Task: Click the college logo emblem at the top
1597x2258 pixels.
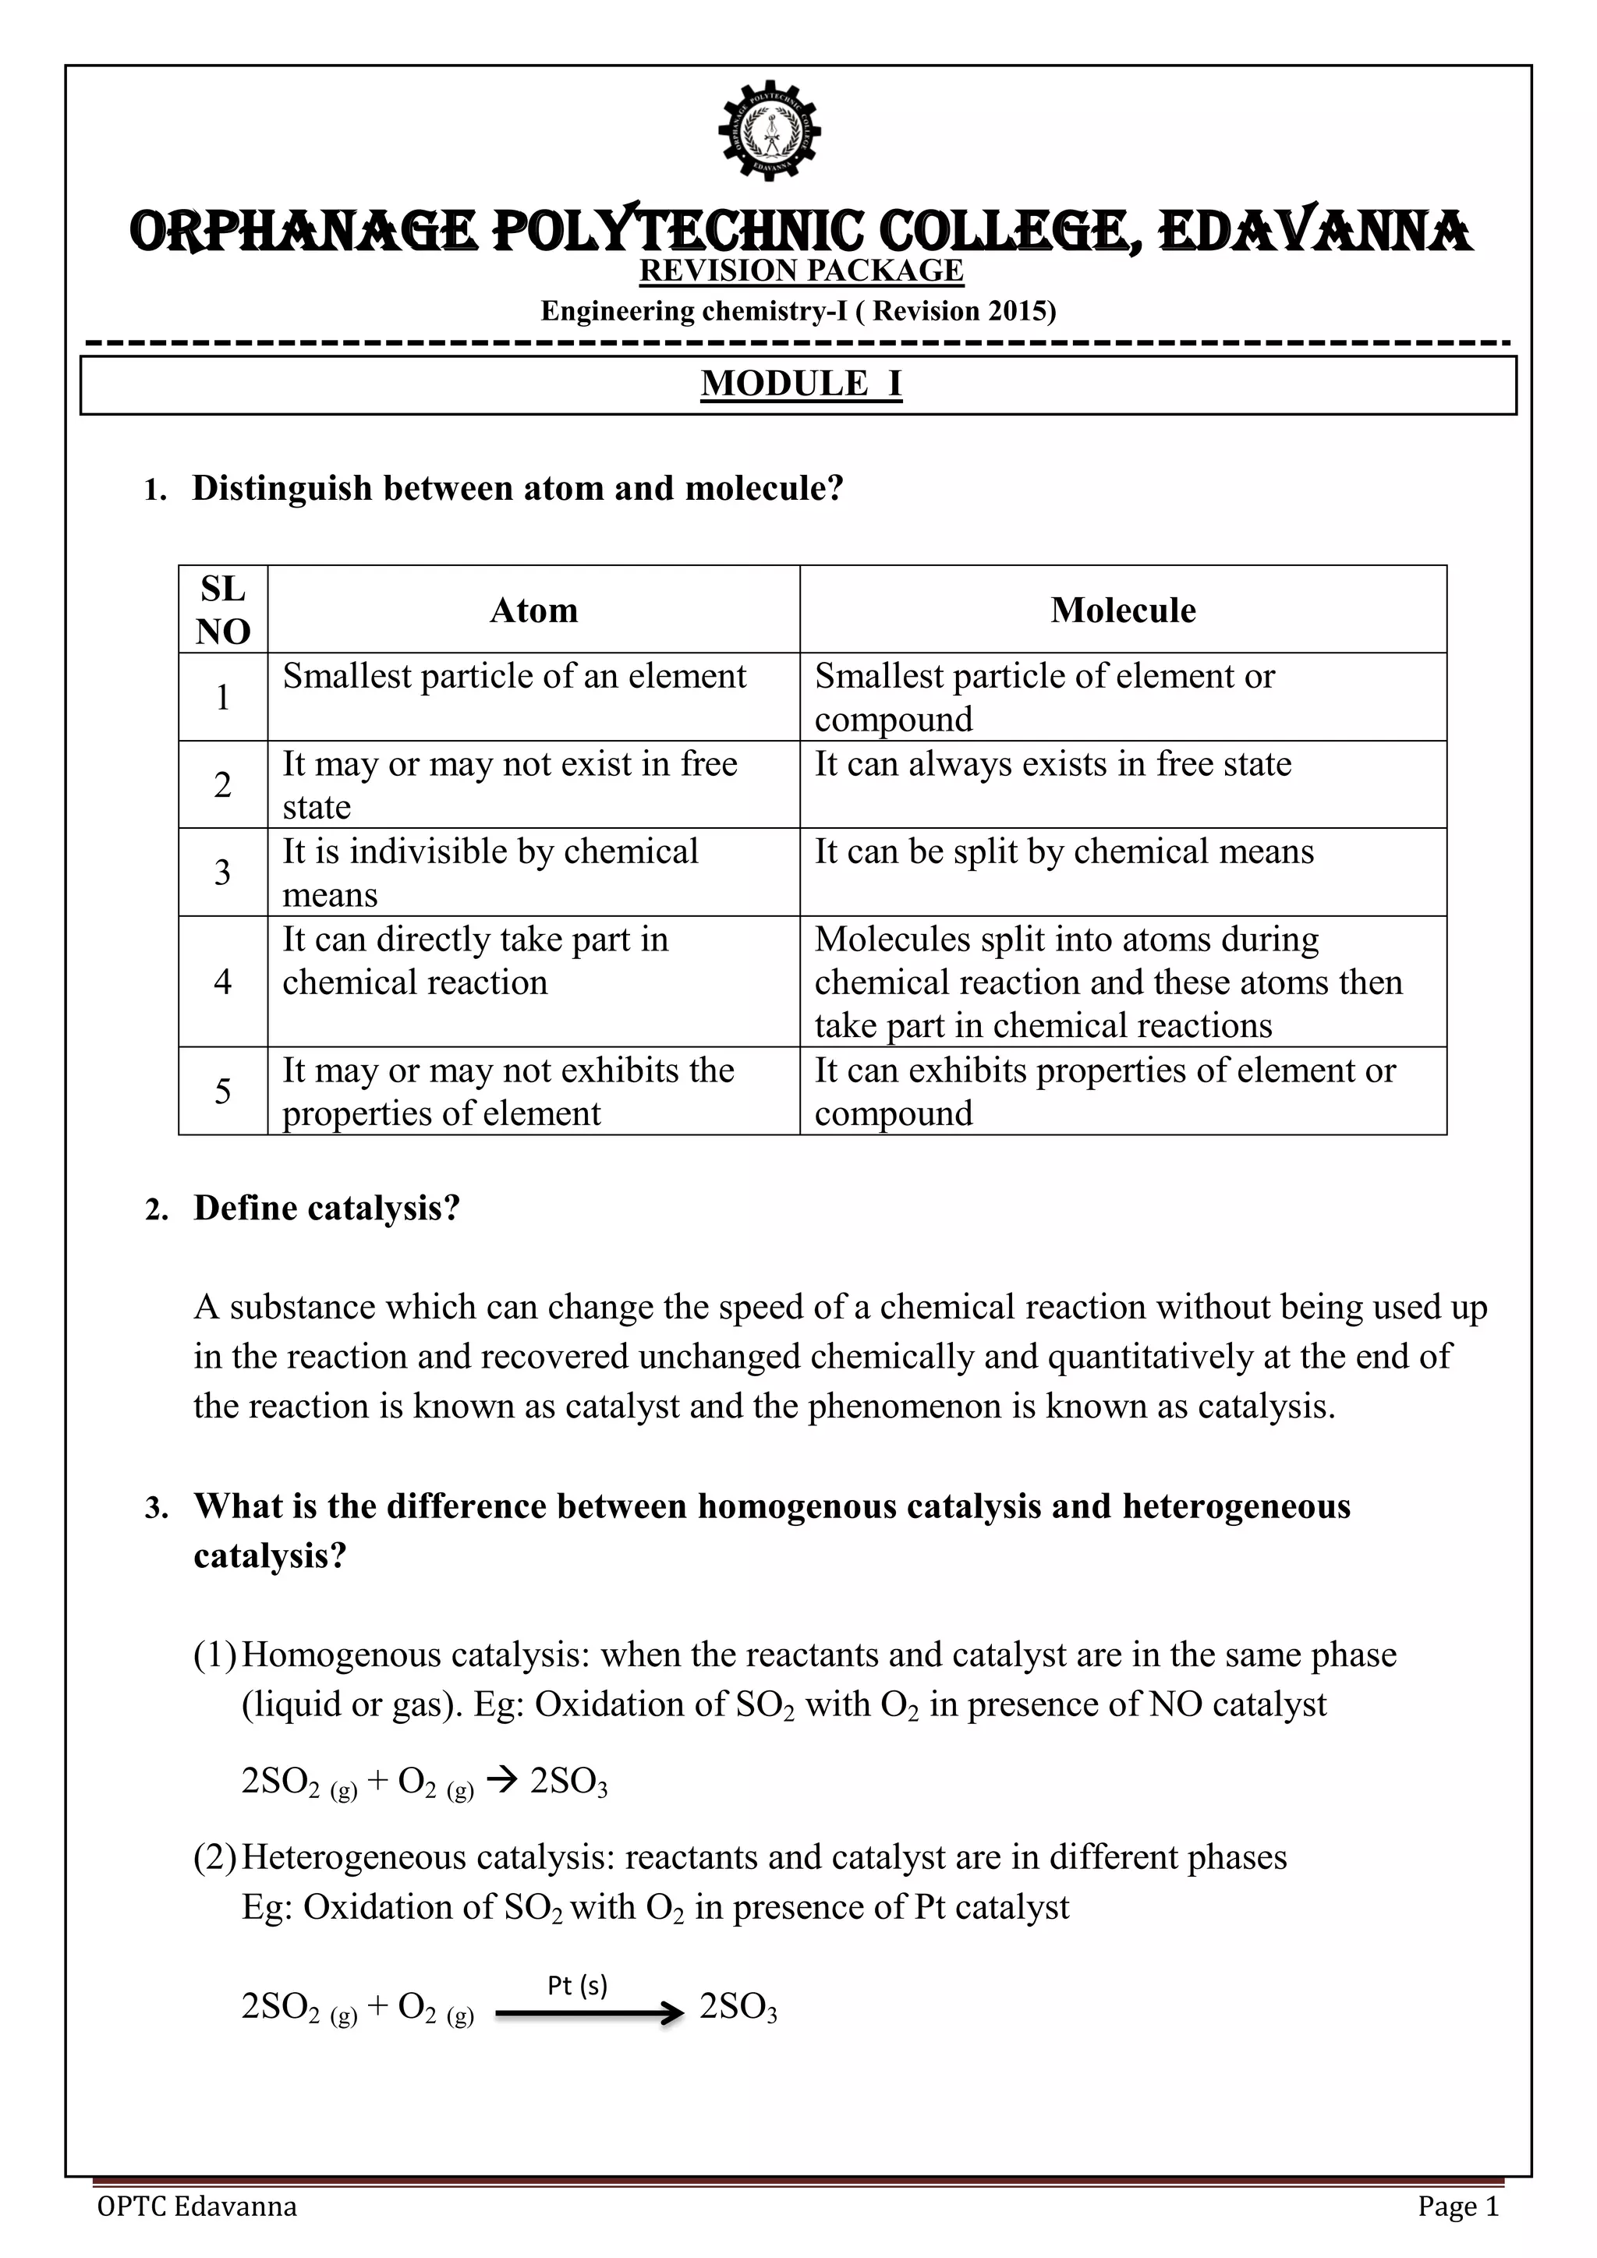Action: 770,129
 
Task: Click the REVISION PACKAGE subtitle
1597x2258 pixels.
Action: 801,271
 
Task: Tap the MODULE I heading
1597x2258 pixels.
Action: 801,384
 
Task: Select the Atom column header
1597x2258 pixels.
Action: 533,611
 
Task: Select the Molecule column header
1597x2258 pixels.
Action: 1122,611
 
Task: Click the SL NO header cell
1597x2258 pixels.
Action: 222,610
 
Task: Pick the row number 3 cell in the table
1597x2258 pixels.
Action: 222,872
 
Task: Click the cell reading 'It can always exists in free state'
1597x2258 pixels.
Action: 1052,764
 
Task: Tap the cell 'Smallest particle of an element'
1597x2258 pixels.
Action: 515,677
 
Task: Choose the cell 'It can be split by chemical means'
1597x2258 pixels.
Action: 1063,851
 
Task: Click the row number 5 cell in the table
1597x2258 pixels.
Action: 222,1091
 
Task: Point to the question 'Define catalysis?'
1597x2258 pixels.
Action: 327,1208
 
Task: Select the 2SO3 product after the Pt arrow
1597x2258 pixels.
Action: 738,2007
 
